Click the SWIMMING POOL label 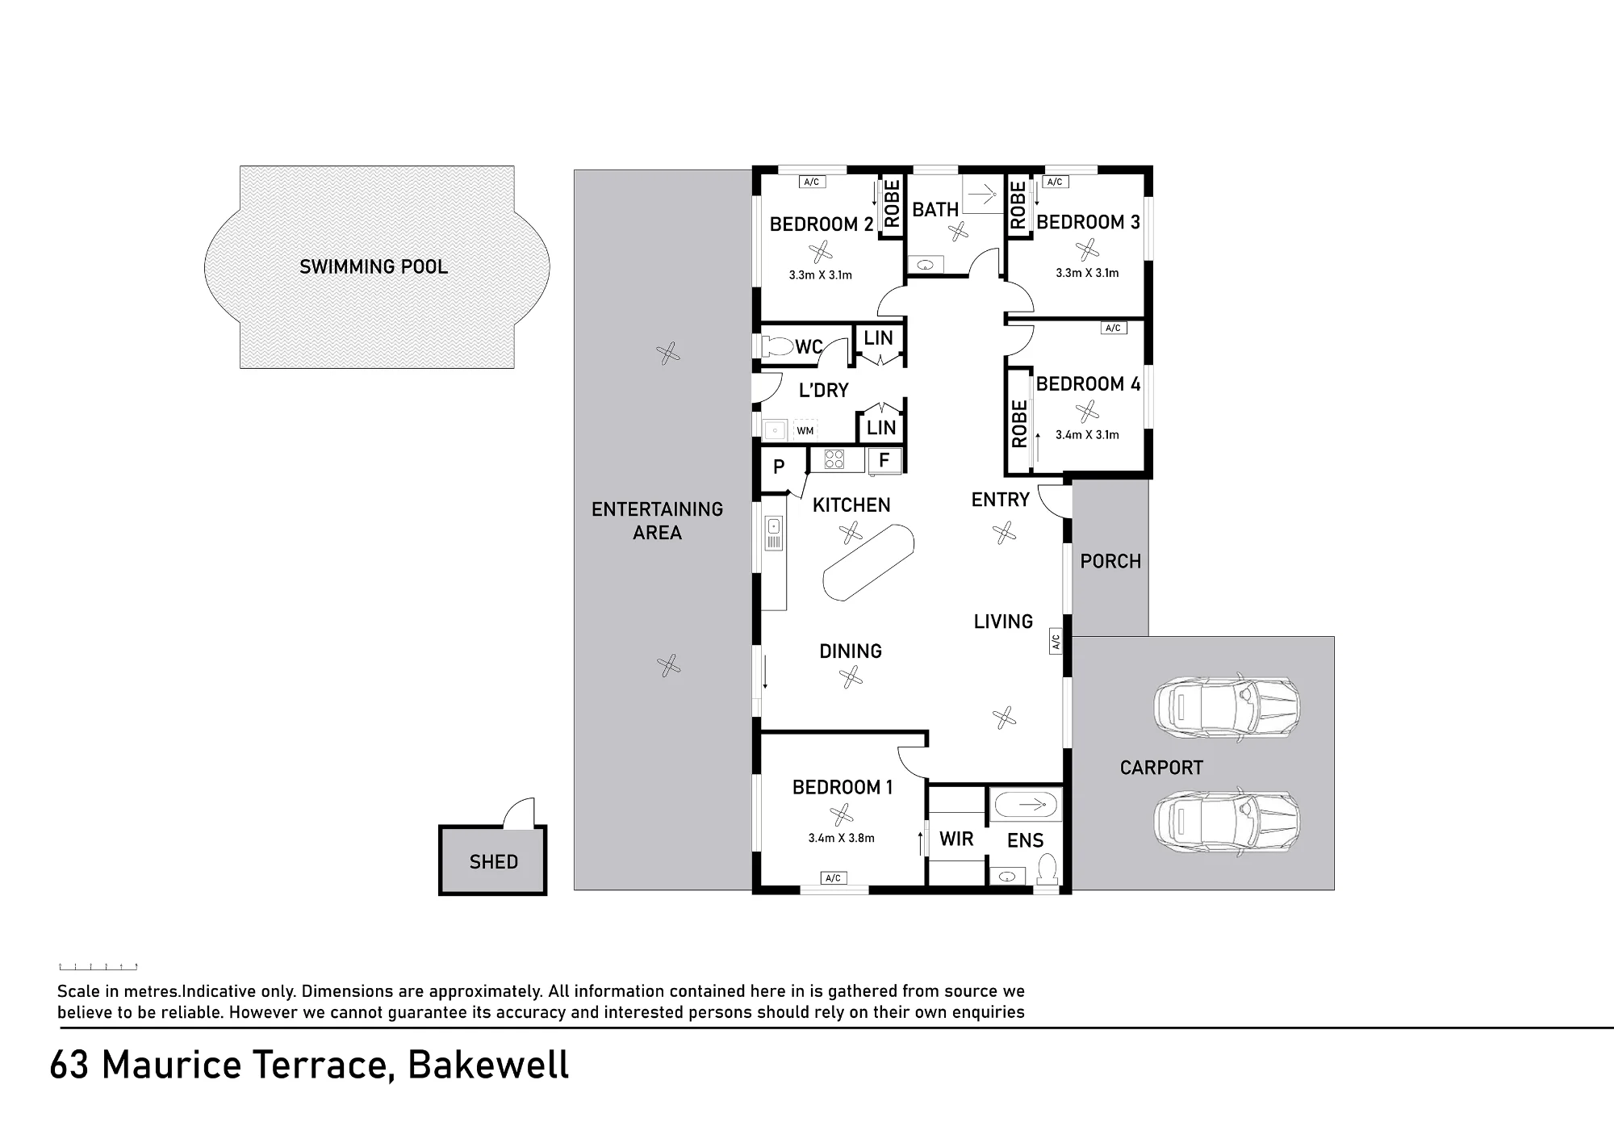tap(374, 267)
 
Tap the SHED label tap(494, 862)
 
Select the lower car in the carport tap(1227, 823)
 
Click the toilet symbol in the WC tap(777, 347)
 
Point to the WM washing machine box tap(805, 430)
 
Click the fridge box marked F tap(884, 460)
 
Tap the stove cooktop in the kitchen tap(834, 459)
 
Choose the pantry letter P tap(779, 467)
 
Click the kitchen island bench tap(868, 562)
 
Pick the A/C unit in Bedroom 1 tap(834, 878)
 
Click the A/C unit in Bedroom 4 tap(1113, 328)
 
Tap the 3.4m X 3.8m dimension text tap(841, 838)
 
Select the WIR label tap(956, 839)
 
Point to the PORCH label tap(1110, 562)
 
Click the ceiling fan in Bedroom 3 tap(1087, 249)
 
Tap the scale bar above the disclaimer tap(98, 966)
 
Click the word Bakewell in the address tap(488, 1066)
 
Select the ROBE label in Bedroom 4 tap(1019, 424)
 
